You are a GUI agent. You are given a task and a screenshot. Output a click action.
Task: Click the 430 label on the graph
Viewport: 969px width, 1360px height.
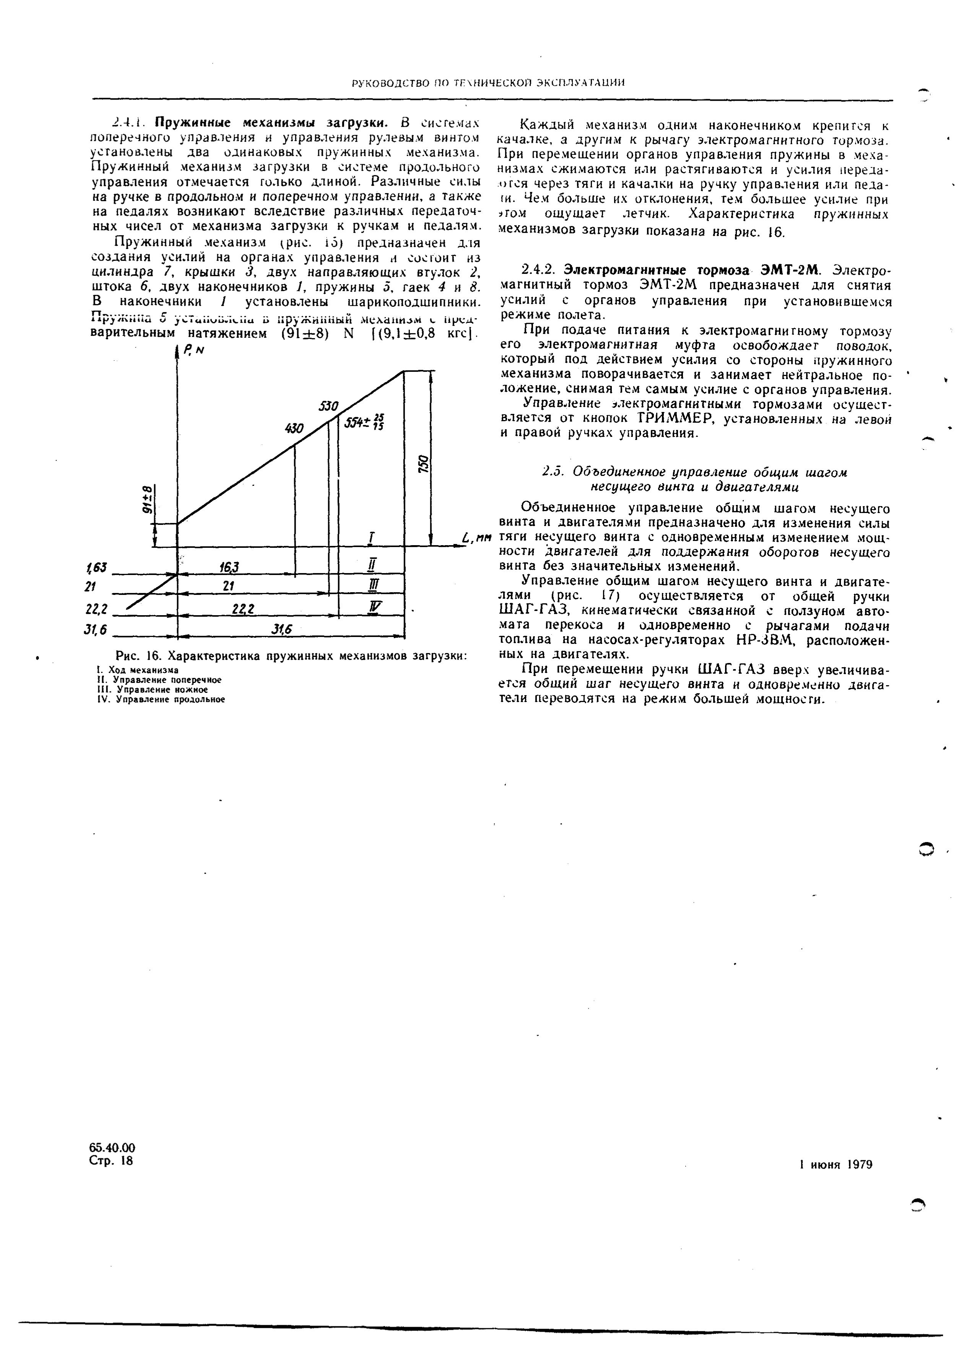295,428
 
